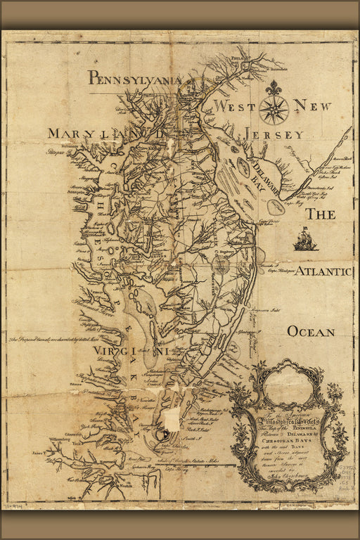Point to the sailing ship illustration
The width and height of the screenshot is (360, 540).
306,239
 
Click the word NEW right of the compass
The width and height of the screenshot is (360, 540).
311,105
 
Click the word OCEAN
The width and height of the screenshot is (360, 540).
310,331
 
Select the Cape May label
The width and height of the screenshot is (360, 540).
295,202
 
